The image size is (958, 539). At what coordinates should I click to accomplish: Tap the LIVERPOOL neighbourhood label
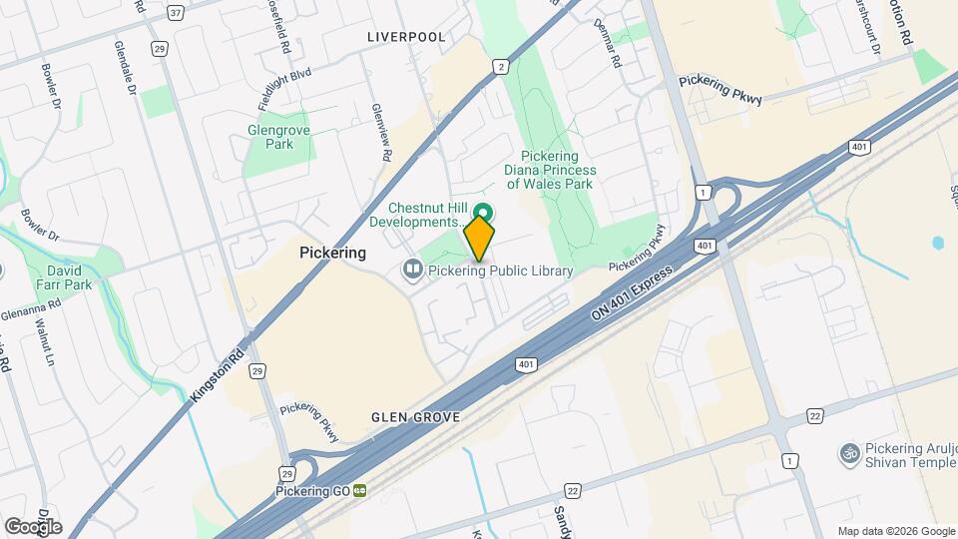pyautogui.click(x=406, y=37)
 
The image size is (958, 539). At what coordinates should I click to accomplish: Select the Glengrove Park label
pyautogui.click(x=271, y=137)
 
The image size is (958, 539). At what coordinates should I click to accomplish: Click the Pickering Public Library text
pyautogui.click(x=502, y=270)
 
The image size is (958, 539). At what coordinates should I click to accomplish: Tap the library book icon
pyautogui.click(x=411, y=269)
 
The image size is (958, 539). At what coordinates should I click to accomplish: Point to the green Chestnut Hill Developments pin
pyautogui.click(x=484, y=213)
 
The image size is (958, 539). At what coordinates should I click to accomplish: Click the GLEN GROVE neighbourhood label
pyautogui.click(x=413, y=417)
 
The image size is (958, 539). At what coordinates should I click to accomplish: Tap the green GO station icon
pyautogui.click(x=360, y=491)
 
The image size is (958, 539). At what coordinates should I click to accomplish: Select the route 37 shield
pyautogui.click(x=176, y=13)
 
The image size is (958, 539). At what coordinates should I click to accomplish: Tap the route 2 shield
pyautogui.click(x=499, y=67)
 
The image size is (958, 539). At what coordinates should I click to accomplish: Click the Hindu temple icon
pyautogui.click(x=850, y=453)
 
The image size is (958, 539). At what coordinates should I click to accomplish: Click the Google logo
pyautogui.click(x=33, y=526)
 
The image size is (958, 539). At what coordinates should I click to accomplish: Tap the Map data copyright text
pyautogui.click(x=894, y=531)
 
